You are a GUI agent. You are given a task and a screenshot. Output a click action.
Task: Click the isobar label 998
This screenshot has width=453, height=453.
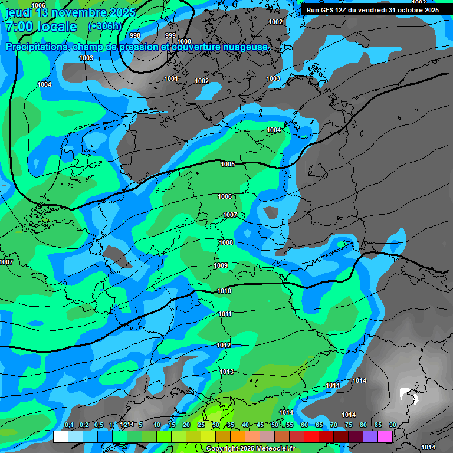pos(135,35)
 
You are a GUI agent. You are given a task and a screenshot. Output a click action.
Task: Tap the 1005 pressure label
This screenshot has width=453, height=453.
pos(228,164)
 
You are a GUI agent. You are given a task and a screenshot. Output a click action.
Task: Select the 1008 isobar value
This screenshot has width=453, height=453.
pos(226,242)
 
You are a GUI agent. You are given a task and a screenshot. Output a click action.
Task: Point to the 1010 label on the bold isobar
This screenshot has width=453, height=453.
pos(224,291)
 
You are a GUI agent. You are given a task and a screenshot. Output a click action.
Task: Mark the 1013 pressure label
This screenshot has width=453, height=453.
pos(226,372)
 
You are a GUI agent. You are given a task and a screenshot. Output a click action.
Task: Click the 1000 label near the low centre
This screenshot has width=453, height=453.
pos(184,41)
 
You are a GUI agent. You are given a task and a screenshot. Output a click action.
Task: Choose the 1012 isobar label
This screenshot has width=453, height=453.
pos(224,345)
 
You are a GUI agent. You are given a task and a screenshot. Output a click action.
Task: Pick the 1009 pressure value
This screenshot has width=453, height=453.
pos(221,266)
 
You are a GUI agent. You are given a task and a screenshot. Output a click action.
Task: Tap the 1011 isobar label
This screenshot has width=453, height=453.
pos(225,314)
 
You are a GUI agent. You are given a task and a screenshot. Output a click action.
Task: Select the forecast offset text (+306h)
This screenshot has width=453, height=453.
pos(104,27)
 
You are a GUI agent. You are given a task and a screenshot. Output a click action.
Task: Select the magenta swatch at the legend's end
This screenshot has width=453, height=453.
pos(385,436)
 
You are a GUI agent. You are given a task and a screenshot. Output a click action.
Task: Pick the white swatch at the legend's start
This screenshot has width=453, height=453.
pos(60,436)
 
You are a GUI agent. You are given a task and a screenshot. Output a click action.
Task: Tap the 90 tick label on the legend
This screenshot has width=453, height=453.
pos(392,425)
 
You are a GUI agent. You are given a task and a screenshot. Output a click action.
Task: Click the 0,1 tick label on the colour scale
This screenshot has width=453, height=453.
pos(69,425)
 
